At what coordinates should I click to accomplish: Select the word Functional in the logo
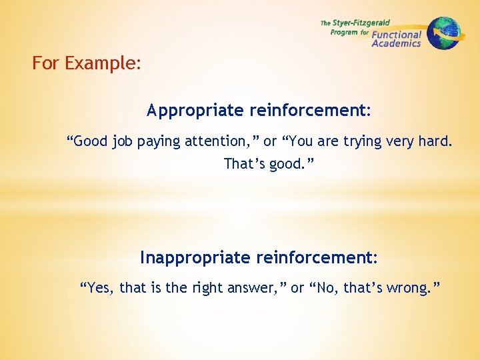pyautogui.click(x=397, y=35)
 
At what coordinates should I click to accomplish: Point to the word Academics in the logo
pyautogui.click(x=396, y=44)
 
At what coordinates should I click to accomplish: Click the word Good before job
pyautogui.click(x=89, y=141)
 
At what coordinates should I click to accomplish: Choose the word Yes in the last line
pyautogui.click(x=99, y=288)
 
